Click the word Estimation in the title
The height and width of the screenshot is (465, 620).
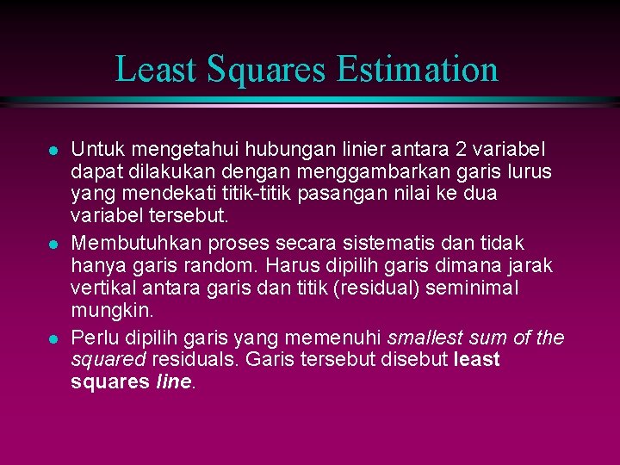418,69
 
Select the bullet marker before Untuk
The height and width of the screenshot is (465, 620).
53,150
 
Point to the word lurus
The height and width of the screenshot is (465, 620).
527,170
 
